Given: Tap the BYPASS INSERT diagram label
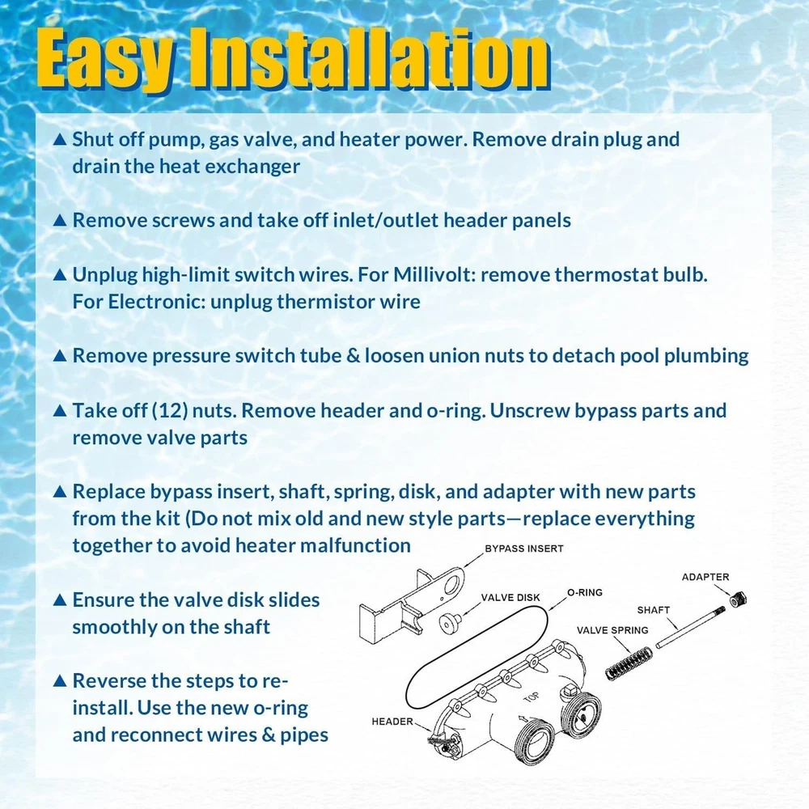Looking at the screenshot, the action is coord(523,549).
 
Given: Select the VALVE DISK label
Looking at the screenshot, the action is coord(510,598).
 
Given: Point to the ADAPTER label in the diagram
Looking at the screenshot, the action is coord(705,577).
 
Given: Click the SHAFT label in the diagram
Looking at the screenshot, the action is coord(653,610).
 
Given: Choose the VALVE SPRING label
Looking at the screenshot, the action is coord(612,630).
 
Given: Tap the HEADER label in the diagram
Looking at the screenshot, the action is coord(392,722).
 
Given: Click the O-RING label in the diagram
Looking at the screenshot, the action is coord(585,592).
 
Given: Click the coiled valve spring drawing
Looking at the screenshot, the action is coord(629,663).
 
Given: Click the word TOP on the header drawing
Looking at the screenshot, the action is coord(532,697).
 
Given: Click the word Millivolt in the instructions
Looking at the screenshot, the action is coord(434,274).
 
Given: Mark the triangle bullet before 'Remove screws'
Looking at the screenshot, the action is coord(60,220).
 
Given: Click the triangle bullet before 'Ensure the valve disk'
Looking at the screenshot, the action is coord(60,600).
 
